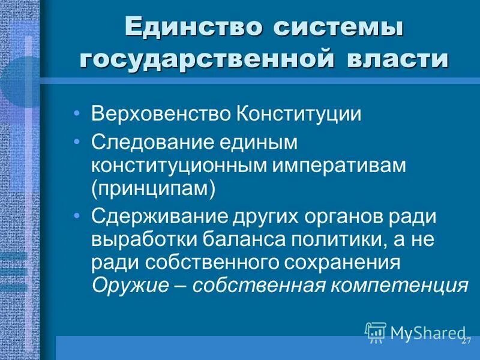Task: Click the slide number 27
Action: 466,340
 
